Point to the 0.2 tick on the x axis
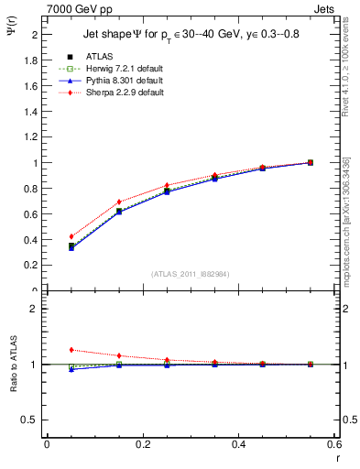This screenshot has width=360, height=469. point(142,444)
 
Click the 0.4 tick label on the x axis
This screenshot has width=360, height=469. point(238,444)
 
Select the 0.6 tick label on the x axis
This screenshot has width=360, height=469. point(333,444)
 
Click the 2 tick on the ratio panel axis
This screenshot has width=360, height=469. point(34,309)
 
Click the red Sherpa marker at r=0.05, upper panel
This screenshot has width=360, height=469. point(71,236)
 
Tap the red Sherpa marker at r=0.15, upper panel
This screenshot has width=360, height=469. point(118,202)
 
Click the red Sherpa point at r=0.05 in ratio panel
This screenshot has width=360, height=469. point(71,349)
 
